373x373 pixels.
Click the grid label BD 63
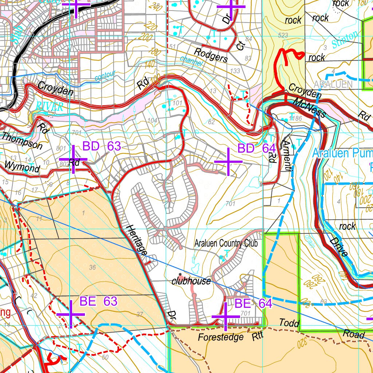point(102,146)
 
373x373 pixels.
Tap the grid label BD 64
point(256,149)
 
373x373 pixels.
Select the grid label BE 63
point(98,301)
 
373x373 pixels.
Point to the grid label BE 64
point(253,303)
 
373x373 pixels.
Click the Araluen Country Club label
point(226,243)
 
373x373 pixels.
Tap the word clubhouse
point(191,281)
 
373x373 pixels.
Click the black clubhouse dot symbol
point(180,274)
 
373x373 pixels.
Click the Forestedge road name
point(221,337)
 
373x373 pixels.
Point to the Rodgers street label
point(211,54)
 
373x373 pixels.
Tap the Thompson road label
point(22,141)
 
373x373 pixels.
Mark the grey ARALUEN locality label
point(333,85)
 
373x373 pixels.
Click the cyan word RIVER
point(50,107)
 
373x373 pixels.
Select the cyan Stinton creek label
point(345,40)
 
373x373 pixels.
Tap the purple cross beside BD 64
point(228,162)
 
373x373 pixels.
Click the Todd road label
point(289,323)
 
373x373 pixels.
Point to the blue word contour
point(105,76)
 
